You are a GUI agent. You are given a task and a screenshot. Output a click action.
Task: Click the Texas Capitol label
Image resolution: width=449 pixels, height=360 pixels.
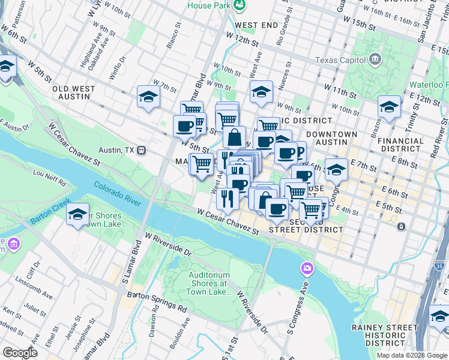[x=340, y=60]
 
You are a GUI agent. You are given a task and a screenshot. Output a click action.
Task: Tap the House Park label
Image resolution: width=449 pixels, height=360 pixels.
[x=208, y=5]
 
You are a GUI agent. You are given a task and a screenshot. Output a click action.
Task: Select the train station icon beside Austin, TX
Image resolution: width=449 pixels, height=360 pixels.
[x=142, y=150]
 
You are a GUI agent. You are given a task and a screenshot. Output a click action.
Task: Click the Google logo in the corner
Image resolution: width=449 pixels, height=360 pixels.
[x=20, y=353]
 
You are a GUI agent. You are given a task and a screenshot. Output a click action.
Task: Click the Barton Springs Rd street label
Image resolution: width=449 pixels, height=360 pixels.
[x=157, y=301]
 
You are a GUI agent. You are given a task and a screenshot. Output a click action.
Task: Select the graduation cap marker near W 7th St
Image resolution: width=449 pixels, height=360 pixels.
[x=148, y=97]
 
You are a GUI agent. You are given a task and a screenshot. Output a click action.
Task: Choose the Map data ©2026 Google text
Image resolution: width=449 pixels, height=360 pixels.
[x=411, y=355]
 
